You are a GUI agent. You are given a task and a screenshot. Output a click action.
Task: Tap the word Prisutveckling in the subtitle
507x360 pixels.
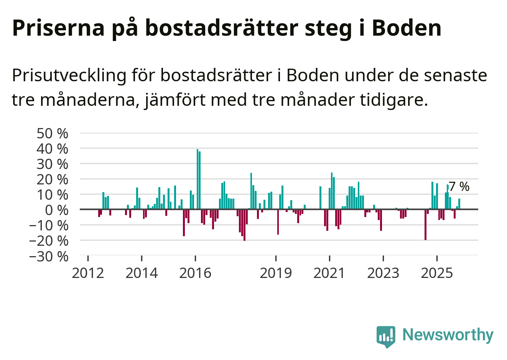coord(69,76)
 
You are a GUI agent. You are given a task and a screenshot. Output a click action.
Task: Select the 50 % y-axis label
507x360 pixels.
coord(52,133)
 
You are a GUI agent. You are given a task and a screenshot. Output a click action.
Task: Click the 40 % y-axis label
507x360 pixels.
coord(52,149)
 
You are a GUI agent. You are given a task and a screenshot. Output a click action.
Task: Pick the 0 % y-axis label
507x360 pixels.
coord(57,210)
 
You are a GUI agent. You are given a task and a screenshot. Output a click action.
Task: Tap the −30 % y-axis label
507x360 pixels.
coord(49,256)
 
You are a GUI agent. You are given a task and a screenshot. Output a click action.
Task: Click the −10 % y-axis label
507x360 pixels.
coord(49,225)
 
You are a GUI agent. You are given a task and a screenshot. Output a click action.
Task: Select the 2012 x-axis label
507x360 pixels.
coord(88,273)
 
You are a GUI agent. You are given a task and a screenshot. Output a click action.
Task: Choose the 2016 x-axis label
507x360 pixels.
coord(195,273)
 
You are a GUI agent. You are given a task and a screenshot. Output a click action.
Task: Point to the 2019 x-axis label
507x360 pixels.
coord(276,273)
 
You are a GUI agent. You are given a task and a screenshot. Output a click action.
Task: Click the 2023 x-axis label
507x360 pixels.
coord(383,273)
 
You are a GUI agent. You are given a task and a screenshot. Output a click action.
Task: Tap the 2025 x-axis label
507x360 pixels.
coord(437,273)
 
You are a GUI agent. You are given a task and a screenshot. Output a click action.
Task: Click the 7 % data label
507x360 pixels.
coord(459,187)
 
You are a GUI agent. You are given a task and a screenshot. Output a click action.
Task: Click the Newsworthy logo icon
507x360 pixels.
coord(386,336)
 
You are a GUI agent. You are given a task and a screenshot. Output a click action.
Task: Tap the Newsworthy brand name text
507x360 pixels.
coord(448,335)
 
